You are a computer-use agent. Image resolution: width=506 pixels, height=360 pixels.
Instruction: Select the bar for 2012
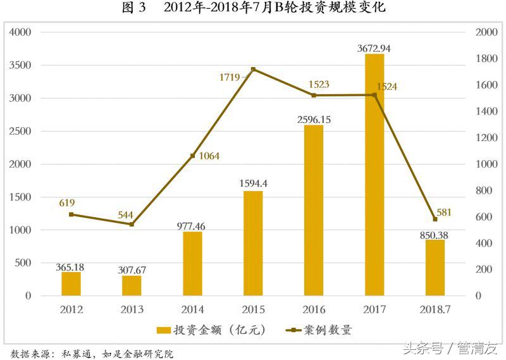pyautogui.click(x=71, y=283)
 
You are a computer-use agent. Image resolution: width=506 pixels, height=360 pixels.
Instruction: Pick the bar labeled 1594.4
pyautogui.click(x=253, y=243)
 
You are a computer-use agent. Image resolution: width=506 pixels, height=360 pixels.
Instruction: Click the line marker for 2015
pyautogui.click(x=253, y=69)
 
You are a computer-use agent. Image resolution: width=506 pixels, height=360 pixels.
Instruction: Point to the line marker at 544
pyautogui.click(x=132, y=224)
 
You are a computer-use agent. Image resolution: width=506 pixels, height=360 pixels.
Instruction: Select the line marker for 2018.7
pyautogui.click(x=435, y=219)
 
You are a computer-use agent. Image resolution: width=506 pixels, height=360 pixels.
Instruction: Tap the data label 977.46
pyautogui.click(x=192, y=226)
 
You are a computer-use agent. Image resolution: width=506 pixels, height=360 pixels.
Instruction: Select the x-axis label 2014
pyautogui.click(x=192, y=309)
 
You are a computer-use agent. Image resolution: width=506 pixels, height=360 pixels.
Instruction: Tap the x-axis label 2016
pyautogui.click(x=314, y=309)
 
